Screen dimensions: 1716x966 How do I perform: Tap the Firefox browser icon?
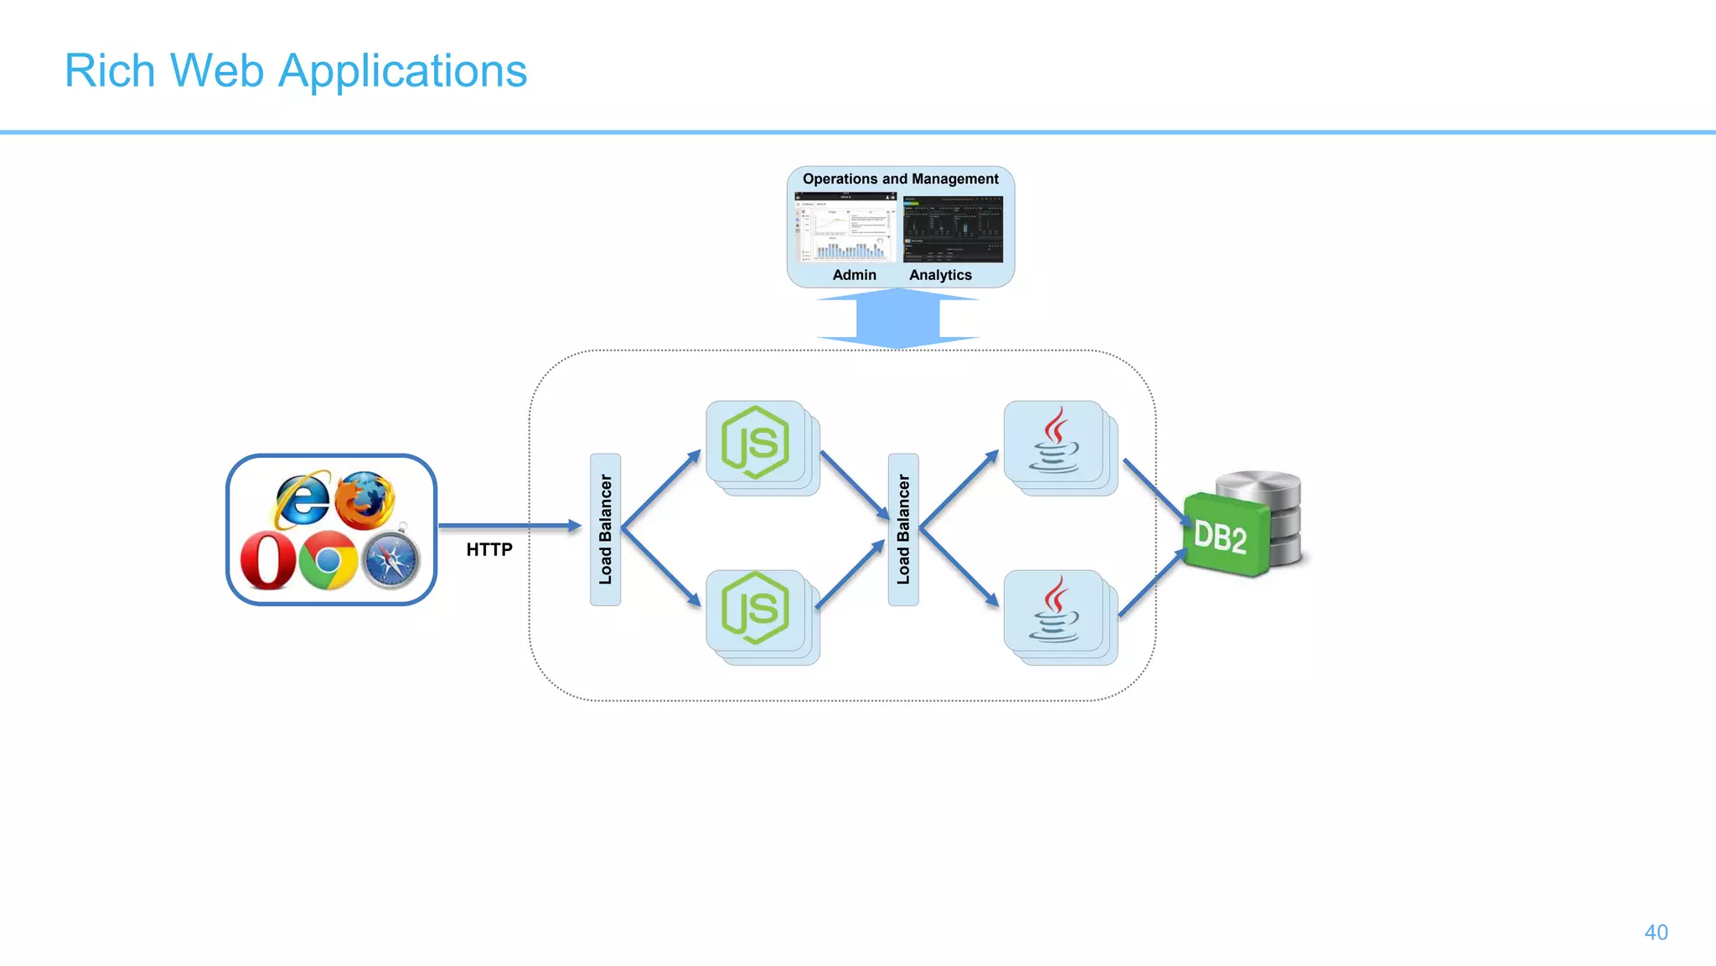[x=365, y=500]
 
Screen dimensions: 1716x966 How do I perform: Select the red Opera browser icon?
[x=268, y=560]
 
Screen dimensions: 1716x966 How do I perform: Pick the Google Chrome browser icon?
[x=328, y=560]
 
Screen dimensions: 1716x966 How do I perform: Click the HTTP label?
[x=489, y=549]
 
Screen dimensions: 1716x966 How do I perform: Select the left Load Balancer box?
[x=605, y=529]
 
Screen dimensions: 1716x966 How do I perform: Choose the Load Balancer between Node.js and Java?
[x=903, y=529]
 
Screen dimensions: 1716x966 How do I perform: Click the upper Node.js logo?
[x=755, y=443]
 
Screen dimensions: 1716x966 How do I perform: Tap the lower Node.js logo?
[x=755, y=609]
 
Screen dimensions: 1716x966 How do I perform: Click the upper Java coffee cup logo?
[x=1054, y=441]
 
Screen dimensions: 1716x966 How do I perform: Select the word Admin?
[x=854, y=275]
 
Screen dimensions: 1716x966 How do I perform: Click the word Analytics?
[x=940, y=275]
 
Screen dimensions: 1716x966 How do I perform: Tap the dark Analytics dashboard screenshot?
[x=953, y=229]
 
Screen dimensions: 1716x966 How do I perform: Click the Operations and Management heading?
[x=900, y=179]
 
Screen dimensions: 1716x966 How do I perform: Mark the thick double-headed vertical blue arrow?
[x=898, y=318]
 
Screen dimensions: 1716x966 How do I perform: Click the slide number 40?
[x=1656, y=932]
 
